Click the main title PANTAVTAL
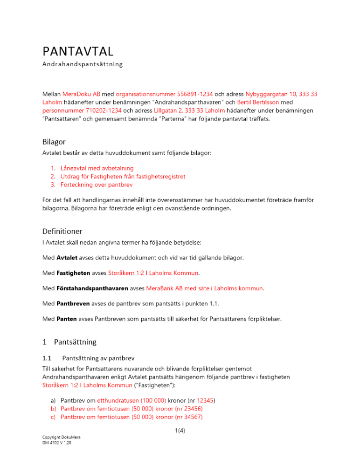(78, 50)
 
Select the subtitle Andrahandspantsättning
(83, 64)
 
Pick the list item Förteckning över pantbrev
(97, 185)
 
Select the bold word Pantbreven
(73, 303)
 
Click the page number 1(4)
(180, 431)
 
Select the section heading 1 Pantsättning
(69, 342)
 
